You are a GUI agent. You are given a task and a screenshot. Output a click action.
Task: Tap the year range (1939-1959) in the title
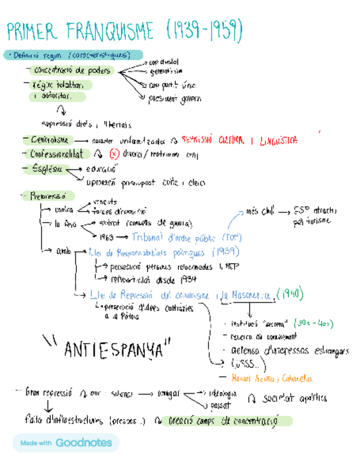(204, 31)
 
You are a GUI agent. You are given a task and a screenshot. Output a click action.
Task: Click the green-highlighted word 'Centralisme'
(49, 140)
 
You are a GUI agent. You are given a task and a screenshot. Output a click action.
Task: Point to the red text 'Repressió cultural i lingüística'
(239, 140)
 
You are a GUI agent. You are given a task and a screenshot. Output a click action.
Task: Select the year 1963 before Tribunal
(106, 237)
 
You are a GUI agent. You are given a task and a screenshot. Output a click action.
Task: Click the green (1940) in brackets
(290, 294)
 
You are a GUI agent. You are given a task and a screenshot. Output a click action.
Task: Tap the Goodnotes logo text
(83, 443)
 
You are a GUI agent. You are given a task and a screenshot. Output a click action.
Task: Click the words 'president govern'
(175, 99)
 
